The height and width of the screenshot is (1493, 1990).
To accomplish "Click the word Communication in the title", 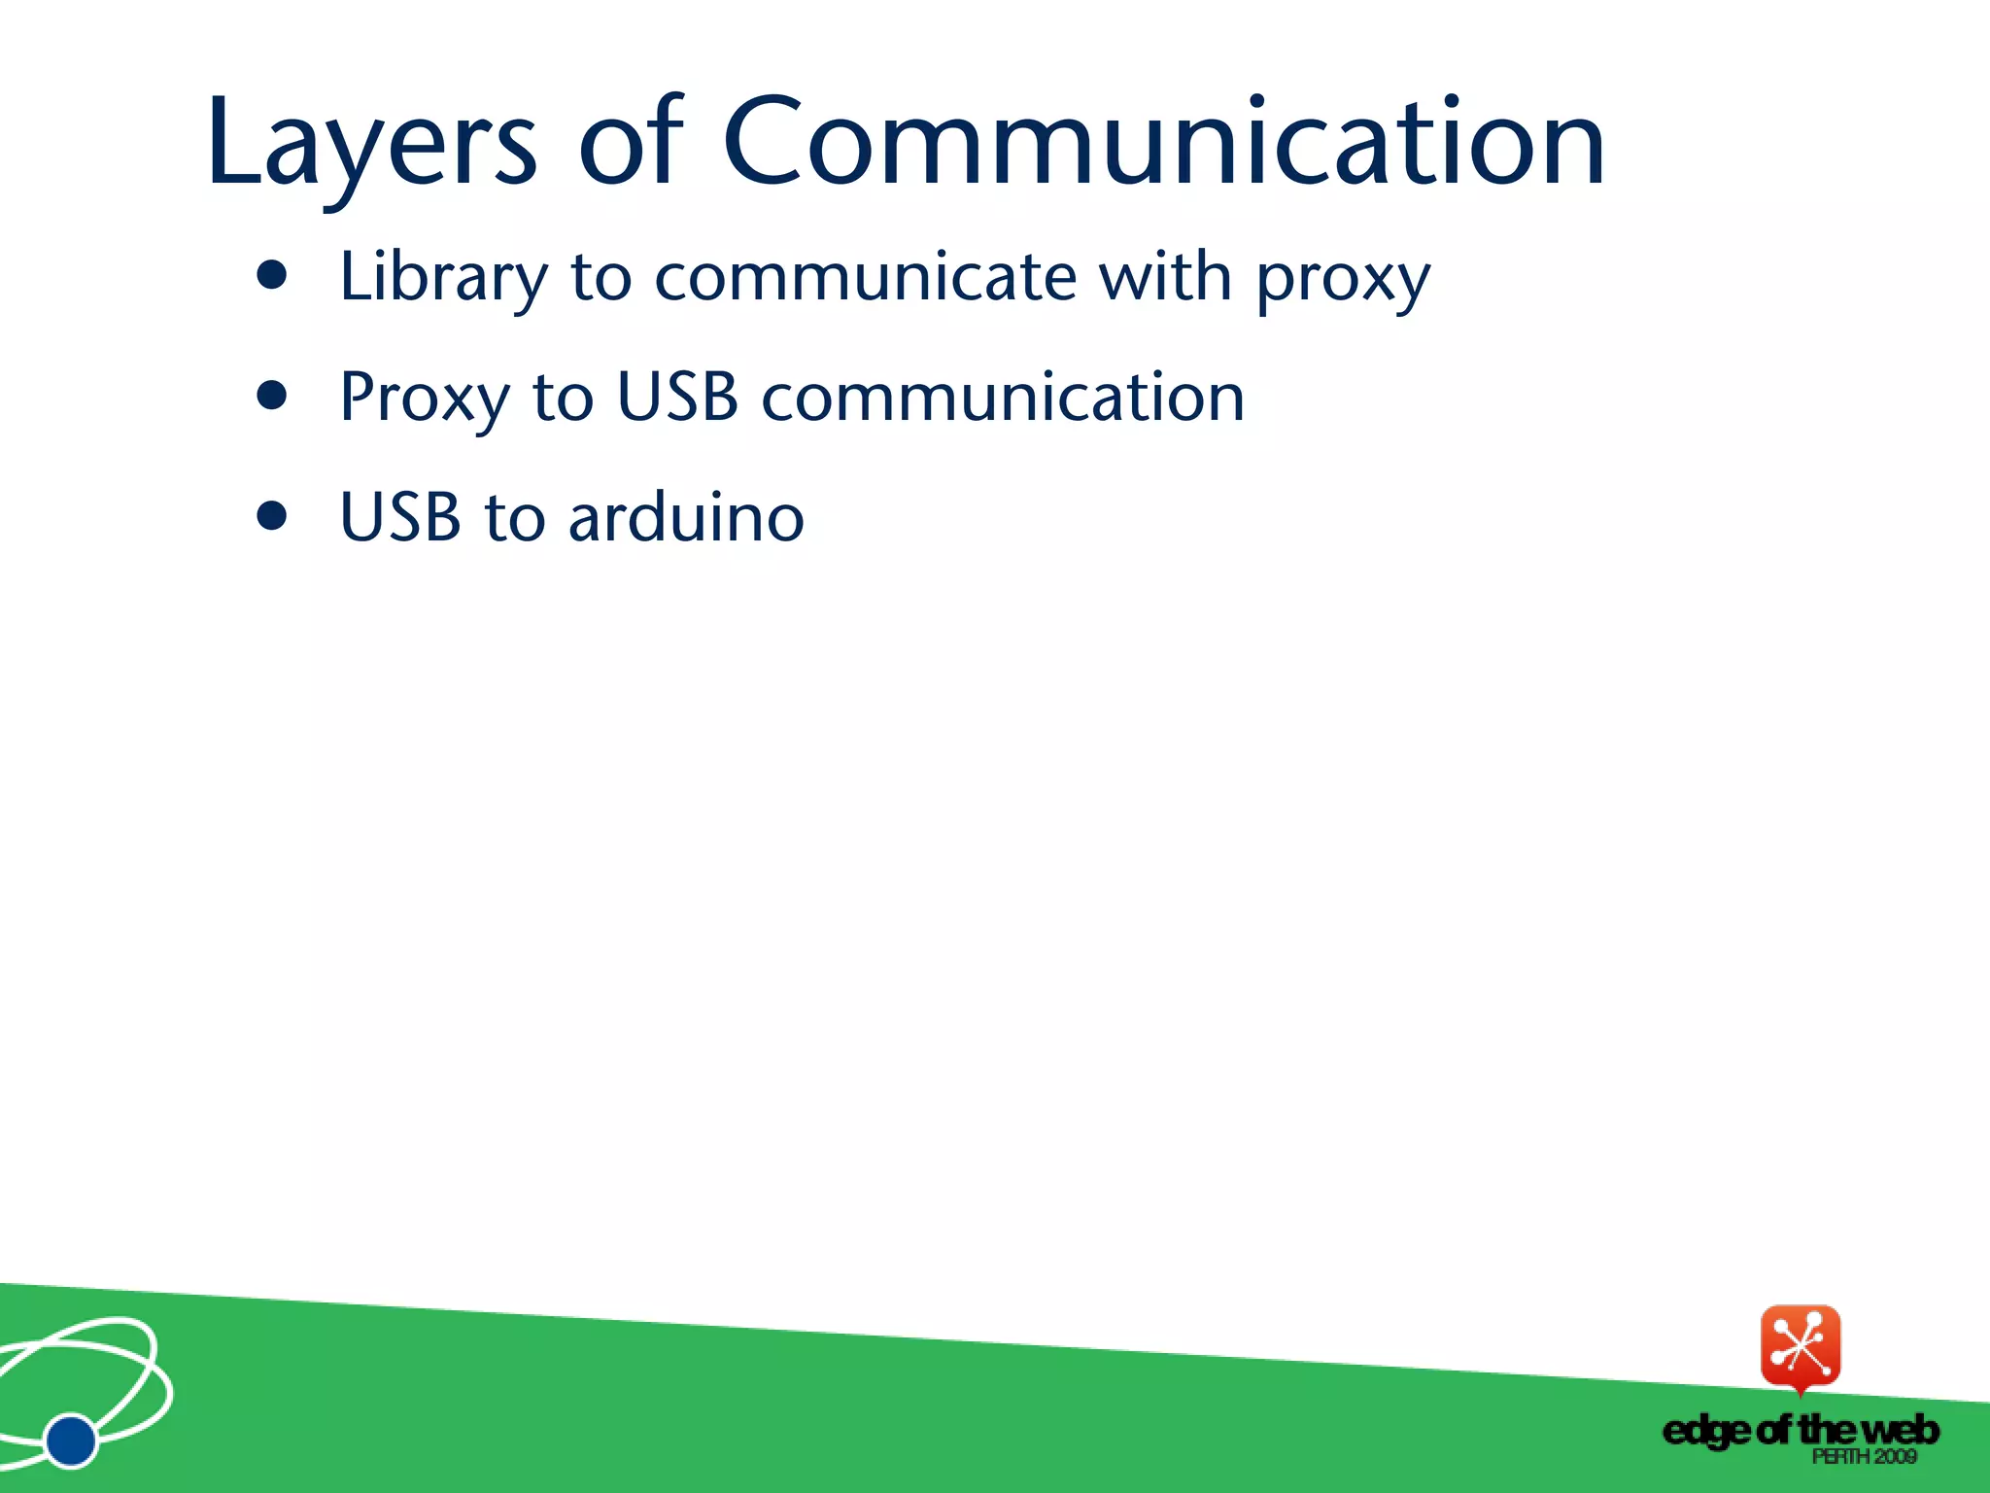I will (1163, 143).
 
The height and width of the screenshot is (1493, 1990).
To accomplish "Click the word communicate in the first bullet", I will (865, 277).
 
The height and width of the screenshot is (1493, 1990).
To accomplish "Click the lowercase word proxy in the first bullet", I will (1343, 282).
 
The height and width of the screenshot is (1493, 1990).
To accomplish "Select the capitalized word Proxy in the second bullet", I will (424, 399).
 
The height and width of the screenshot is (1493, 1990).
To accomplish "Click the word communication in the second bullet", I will (1003, 398).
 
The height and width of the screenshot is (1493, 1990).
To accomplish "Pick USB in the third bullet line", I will (399, 517).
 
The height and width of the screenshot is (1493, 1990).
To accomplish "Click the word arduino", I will (686, 517).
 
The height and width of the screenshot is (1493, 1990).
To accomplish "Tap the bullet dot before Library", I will (273, 276).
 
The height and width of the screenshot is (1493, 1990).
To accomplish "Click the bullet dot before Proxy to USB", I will (273, 397).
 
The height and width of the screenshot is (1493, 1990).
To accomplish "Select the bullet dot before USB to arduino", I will (273, 516).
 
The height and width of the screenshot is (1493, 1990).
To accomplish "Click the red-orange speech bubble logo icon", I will (1801, 1346).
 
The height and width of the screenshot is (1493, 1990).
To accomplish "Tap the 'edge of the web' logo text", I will (1801, 1430).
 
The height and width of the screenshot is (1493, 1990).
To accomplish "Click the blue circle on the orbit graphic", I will (71, 1440).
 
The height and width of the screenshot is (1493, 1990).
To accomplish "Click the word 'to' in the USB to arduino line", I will (514, 517).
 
